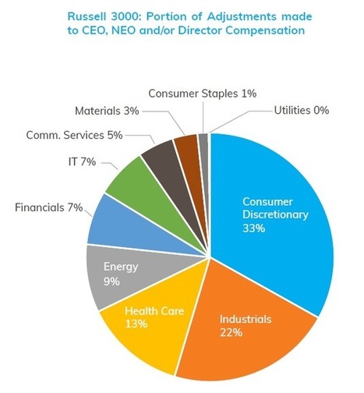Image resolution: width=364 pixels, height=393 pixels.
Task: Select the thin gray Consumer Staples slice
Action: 203,156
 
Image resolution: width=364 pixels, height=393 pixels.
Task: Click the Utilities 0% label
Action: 302,111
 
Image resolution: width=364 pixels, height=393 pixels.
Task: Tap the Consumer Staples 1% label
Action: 203,94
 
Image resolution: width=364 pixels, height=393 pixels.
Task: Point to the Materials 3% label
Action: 107,111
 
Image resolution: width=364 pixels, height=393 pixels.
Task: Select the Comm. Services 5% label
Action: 74,135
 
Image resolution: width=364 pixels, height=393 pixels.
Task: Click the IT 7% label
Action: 82,162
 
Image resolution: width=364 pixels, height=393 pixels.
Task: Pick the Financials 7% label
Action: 49,207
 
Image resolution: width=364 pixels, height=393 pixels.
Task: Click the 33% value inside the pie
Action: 254,228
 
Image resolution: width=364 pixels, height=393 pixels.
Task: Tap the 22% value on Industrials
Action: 231,332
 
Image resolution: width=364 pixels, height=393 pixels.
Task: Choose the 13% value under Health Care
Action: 136,324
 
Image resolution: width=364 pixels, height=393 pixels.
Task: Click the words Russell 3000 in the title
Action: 104,16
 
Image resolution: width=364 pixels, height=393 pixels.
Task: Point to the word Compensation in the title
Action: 265,31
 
